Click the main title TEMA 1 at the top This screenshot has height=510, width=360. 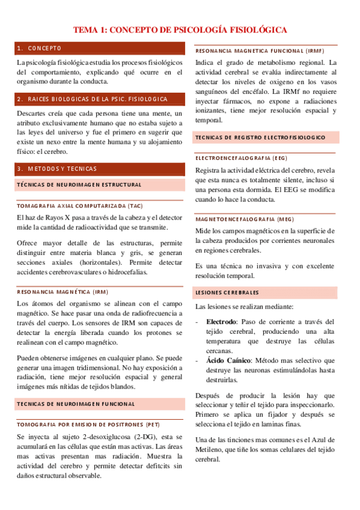[x=180, y=29]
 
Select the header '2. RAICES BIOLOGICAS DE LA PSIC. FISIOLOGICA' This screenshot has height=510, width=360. [x=93, y=99]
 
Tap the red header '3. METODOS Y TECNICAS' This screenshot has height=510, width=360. [x=57, y=169]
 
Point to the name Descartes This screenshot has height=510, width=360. [x=32, y=113]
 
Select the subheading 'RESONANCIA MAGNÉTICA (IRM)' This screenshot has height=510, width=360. [x=63, y=292]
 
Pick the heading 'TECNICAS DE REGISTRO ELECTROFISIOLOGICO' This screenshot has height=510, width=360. [x=261, y=137]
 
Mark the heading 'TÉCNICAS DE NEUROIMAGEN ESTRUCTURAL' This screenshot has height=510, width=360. [x=79, y=185]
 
